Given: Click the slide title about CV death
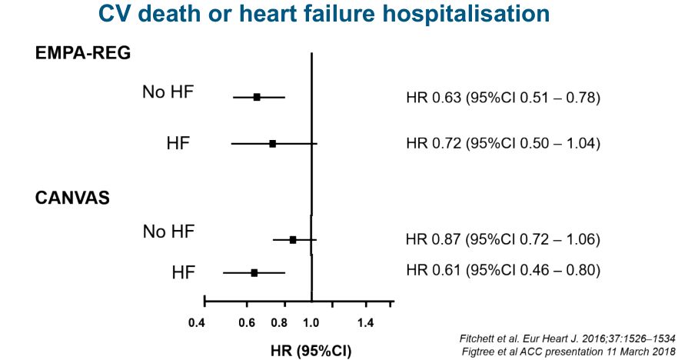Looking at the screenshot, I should [324, 15].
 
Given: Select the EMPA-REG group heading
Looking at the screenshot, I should [82, 54].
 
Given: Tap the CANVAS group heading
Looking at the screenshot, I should [72, 198].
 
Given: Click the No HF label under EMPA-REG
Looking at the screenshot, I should [168, 92].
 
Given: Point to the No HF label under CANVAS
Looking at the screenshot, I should [168, 232].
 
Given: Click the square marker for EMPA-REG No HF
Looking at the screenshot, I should [257, 97].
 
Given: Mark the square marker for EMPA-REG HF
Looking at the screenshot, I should [273, 144].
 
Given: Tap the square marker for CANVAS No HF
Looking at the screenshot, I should [293, 240].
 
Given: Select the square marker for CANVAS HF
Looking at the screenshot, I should [254, 272].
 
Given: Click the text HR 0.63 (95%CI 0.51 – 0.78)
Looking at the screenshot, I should [503, 98].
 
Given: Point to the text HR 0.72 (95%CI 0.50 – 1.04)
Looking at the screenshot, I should [503, 144].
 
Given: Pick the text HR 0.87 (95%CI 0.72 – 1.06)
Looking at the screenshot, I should [503, 239].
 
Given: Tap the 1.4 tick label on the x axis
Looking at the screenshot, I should [365, 322].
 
